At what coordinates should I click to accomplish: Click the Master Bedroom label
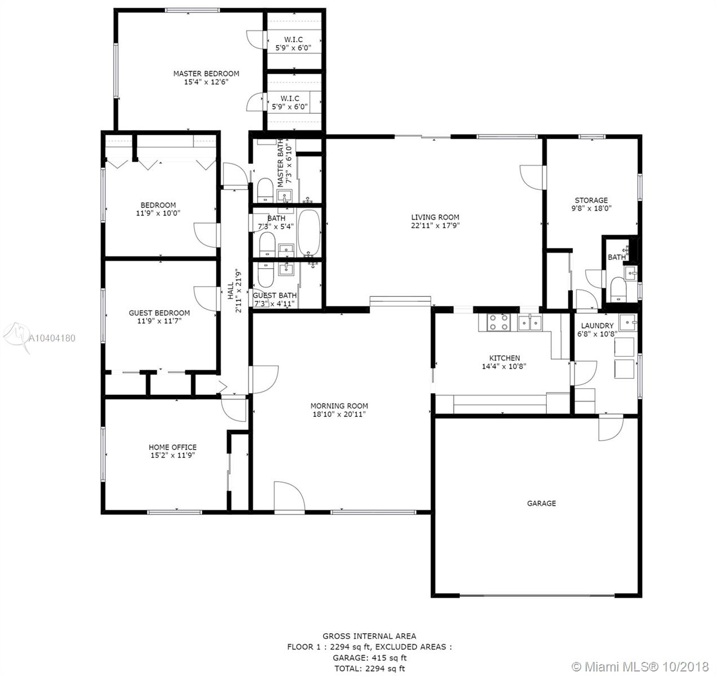pyautogui.click(x=206, y=73)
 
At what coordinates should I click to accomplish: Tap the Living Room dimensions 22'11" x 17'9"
pyautogui.click(x=435, y=225)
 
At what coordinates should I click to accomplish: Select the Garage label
pyautogui.click(x=541, y=504)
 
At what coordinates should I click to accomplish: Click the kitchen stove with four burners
pyautogui.click(x=498, y=322)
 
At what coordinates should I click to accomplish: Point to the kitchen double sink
pyautogui.click(x=529, y=322)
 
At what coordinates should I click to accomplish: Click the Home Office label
pyautogui.click(x=173, y=447)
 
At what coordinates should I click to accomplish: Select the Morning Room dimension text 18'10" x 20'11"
pyautogui.click(x=339, y=415)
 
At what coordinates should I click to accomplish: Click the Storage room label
pyautogui.click(x=591, y=201)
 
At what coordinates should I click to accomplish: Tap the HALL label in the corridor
pyautogui.click(x=231, y=291)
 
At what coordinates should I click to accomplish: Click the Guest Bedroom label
pyautogui.click(x=160, y=313)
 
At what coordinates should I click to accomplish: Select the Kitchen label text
pyautogui.click(x=505, y=358)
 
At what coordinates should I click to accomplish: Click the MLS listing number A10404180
pyautogui.click(x=52, y=338)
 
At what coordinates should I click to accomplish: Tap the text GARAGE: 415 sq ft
pyautogui.click(x=370, y=657)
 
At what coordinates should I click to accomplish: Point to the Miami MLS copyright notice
pyautogui.click(x=640, y=666)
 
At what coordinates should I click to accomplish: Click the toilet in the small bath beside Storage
pyautogui.click(x=618, y=289)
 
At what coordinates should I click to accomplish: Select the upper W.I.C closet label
pyautogui.click(x=294, y=39)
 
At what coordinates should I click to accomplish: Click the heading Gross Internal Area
pyautogui.click(x=369, y=636)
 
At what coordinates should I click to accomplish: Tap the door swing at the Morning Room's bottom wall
pyautogui.click(x=289, y=496)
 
